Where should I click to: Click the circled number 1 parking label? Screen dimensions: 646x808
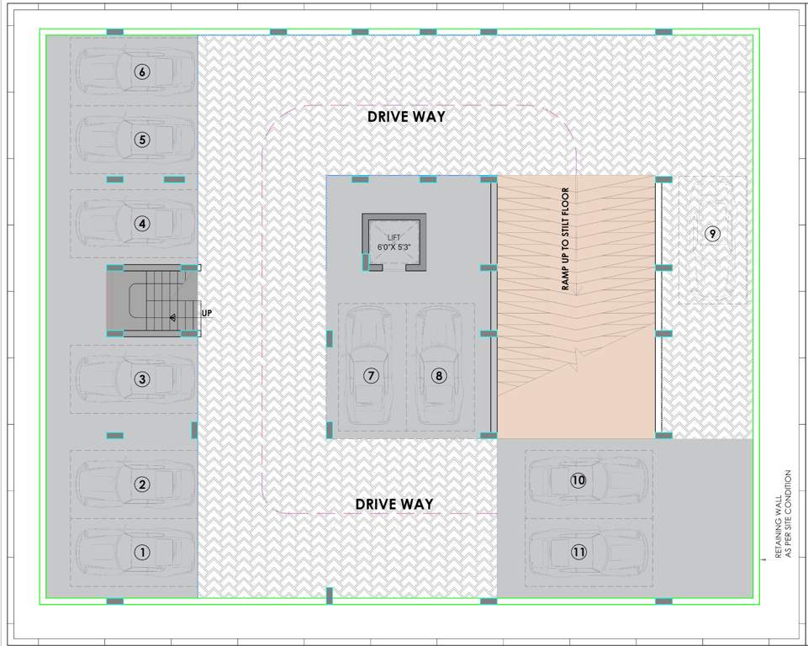(x=142, y=553)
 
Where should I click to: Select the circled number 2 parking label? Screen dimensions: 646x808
(x=142, y=484)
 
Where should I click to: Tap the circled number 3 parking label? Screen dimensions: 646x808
(x=142, y=379)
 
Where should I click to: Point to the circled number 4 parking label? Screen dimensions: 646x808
(x=142, y=224)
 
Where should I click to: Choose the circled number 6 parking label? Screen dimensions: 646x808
(x=142, y=72)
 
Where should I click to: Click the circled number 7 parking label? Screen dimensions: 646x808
(x=372, y=376)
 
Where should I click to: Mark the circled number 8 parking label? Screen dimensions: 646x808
(x=438, y=376)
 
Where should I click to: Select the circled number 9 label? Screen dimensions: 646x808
(x=712, y=233)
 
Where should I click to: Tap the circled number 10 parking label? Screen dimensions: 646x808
(x=578, y=480)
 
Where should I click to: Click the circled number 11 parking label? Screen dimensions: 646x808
(x=578, y=552)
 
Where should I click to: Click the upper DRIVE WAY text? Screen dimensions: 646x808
(x=406, y=117)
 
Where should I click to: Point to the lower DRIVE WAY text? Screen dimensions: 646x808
(x=394, y=505)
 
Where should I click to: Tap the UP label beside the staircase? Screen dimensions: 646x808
(x=206, y=314)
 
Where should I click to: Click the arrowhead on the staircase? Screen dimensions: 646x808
(x=172, y=318)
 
